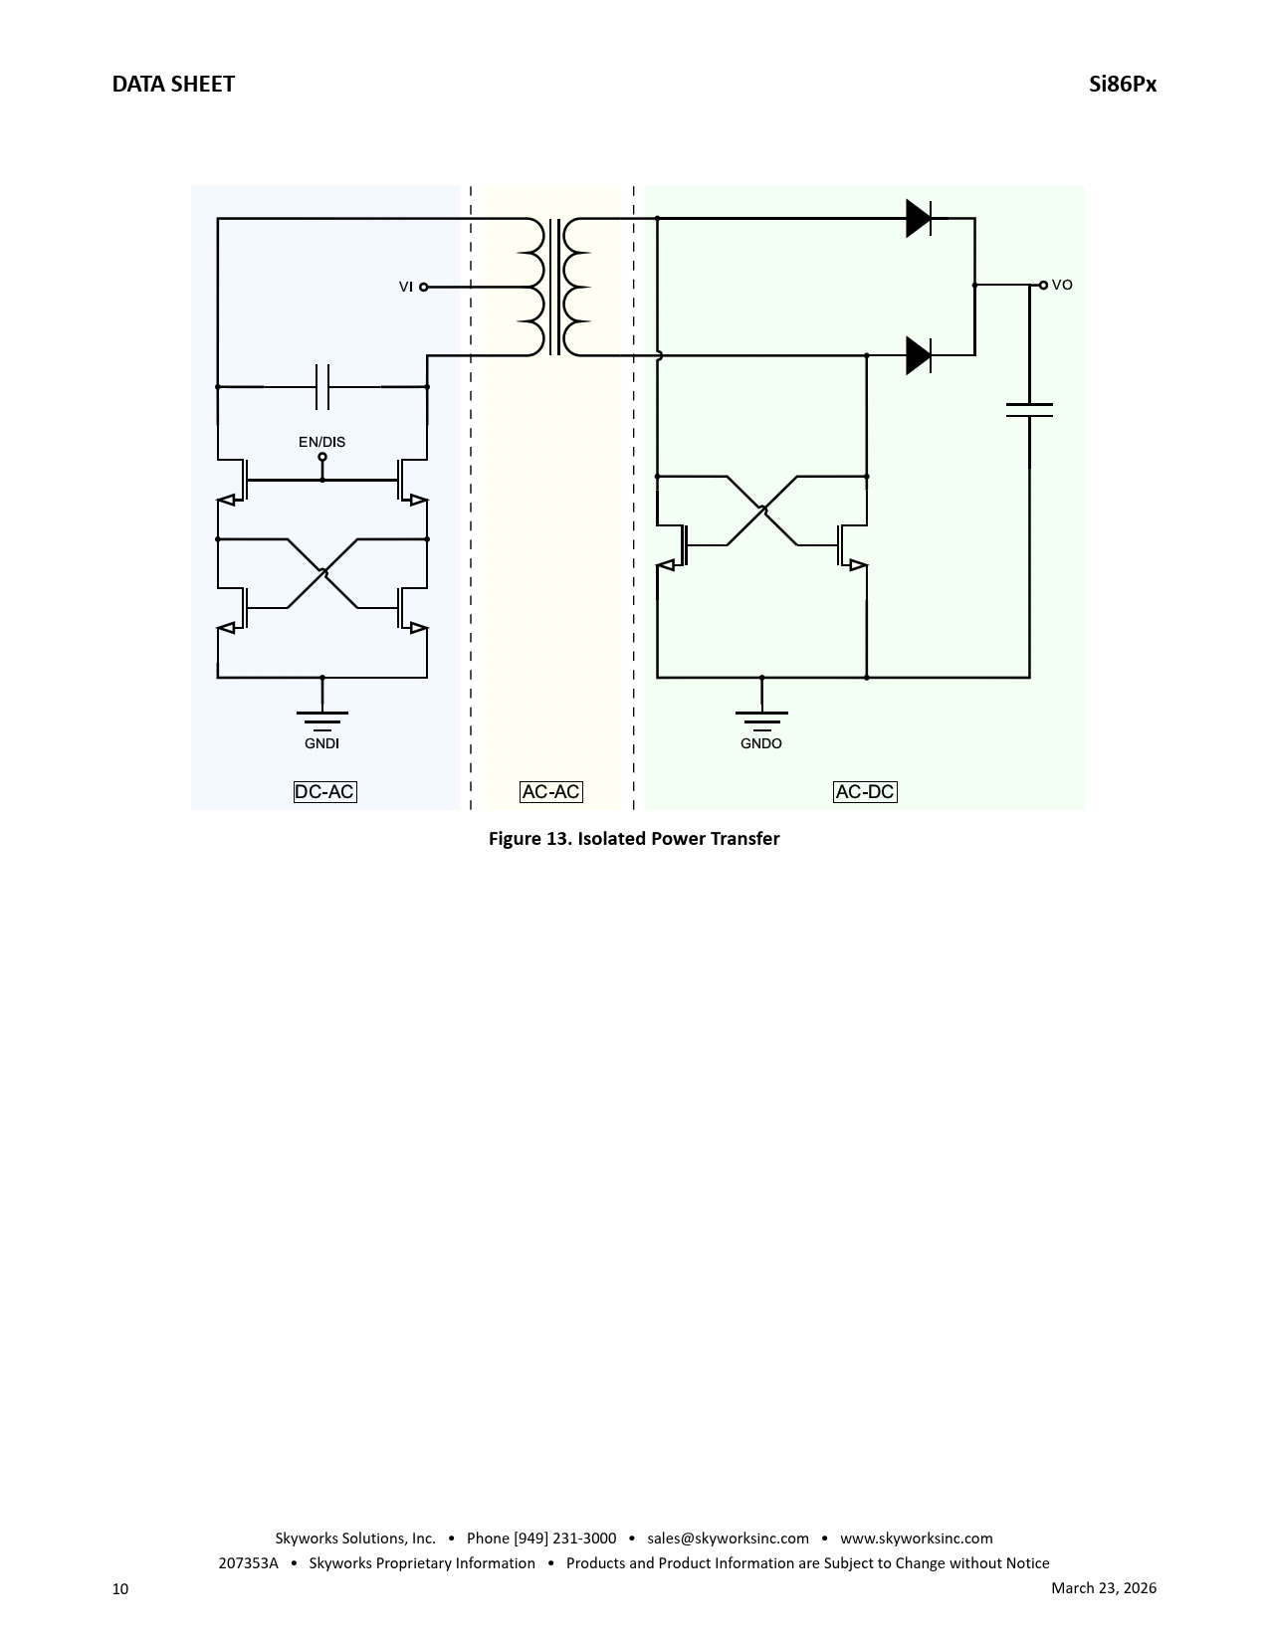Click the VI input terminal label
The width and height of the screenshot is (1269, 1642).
click(x=406, y=287)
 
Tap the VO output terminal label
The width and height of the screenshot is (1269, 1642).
click(x=1062, y=285)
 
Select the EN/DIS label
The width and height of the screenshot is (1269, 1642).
click(x=321, y=442)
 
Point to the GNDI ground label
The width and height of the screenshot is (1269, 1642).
click(x=321, y=743)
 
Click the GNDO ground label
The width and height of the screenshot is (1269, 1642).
click(x=761, y=743)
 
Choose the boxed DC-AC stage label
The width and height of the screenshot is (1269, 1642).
click(x=325, y=792)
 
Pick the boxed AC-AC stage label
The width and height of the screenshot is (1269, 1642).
click(x=551, y=792)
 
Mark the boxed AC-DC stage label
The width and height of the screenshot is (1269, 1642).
click(x=865, y=792)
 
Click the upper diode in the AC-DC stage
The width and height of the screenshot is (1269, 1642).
click(x=919, y=218)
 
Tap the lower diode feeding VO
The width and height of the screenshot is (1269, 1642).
click(x=919, y=355)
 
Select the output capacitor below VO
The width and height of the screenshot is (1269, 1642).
click(x=1029, y=410)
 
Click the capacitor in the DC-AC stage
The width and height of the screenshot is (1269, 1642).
click(x=321, y=387)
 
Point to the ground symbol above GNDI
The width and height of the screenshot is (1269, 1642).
click(x=321, y=720)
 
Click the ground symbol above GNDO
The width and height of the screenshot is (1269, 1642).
click(x=761, y=720)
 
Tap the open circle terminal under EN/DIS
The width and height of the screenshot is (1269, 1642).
click(x=322, y=457)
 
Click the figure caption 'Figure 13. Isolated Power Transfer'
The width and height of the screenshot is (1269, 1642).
click(x=634, y=839)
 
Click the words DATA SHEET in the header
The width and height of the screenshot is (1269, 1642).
click(x=173, y=84)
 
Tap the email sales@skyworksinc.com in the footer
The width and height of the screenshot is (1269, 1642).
click(x=728, y=1539)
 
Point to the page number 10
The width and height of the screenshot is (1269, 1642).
click(x=120, y=1589)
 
